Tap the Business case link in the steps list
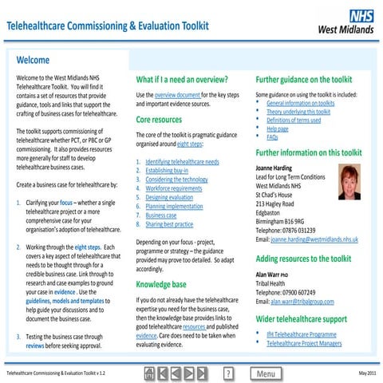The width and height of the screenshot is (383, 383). tap(161, 215)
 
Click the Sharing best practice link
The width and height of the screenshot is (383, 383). tap(169, 224)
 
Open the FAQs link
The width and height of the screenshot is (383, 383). tap(272, 137)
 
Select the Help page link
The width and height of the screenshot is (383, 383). tap(277, 128)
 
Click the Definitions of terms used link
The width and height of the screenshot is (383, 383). tap(294, 120)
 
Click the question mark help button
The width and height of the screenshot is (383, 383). tap(227, 373)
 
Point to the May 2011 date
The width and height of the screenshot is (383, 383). tap(367, 373)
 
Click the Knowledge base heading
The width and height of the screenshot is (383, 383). tap(161, 283)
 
